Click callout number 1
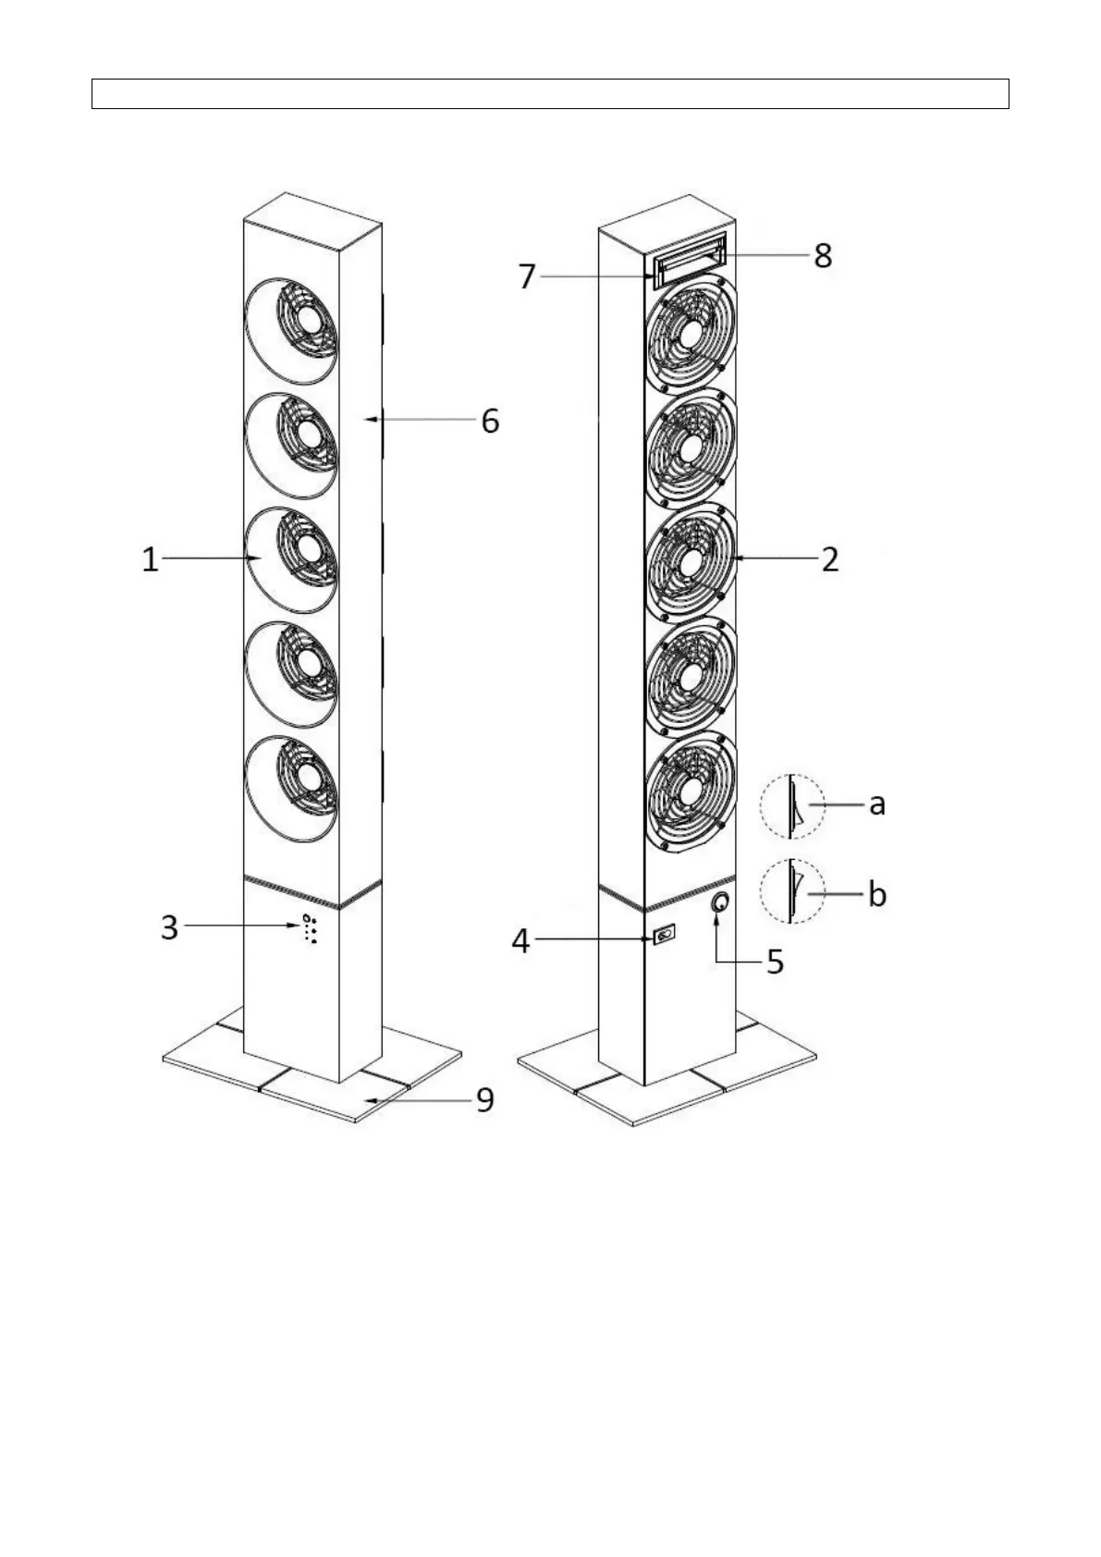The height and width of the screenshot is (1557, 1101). (x=150, y=559)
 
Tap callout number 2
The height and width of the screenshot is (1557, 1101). (x=830, y=558)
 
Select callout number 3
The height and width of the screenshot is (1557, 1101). (x=169, y=927)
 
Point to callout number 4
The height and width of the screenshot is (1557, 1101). (x=520, y=941)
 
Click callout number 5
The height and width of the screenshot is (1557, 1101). (x=775, y=962)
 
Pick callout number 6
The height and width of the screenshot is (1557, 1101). (x=490, y=422)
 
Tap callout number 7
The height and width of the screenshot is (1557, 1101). (x=527, y=276)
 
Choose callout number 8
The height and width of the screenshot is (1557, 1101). (x=823, y=256)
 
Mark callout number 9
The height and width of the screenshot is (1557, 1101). (x=485, y=1099)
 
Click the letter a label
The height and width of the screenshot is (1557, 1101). (x=878, y=805)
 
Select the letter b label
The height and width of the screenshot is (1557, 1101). (x=878, y=893)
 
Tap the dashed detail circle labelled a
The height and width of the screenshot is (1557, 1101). (x=760, y=806)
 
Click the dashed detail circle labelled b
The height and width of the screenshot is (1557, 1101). (x=760, y=892)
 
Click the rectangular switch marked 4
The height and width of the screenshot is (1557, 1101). (x=664, y=936)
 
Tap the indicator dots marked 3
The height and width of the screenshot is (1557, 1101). (x=310, y=929)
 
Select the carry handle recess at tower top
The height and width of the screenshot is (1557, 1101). (x=690, y=259)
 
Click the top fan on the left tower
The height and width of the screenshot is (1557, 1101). (x=292, y=331)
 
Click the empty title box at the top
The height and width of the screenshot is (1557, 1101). (x=551, y=93)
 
